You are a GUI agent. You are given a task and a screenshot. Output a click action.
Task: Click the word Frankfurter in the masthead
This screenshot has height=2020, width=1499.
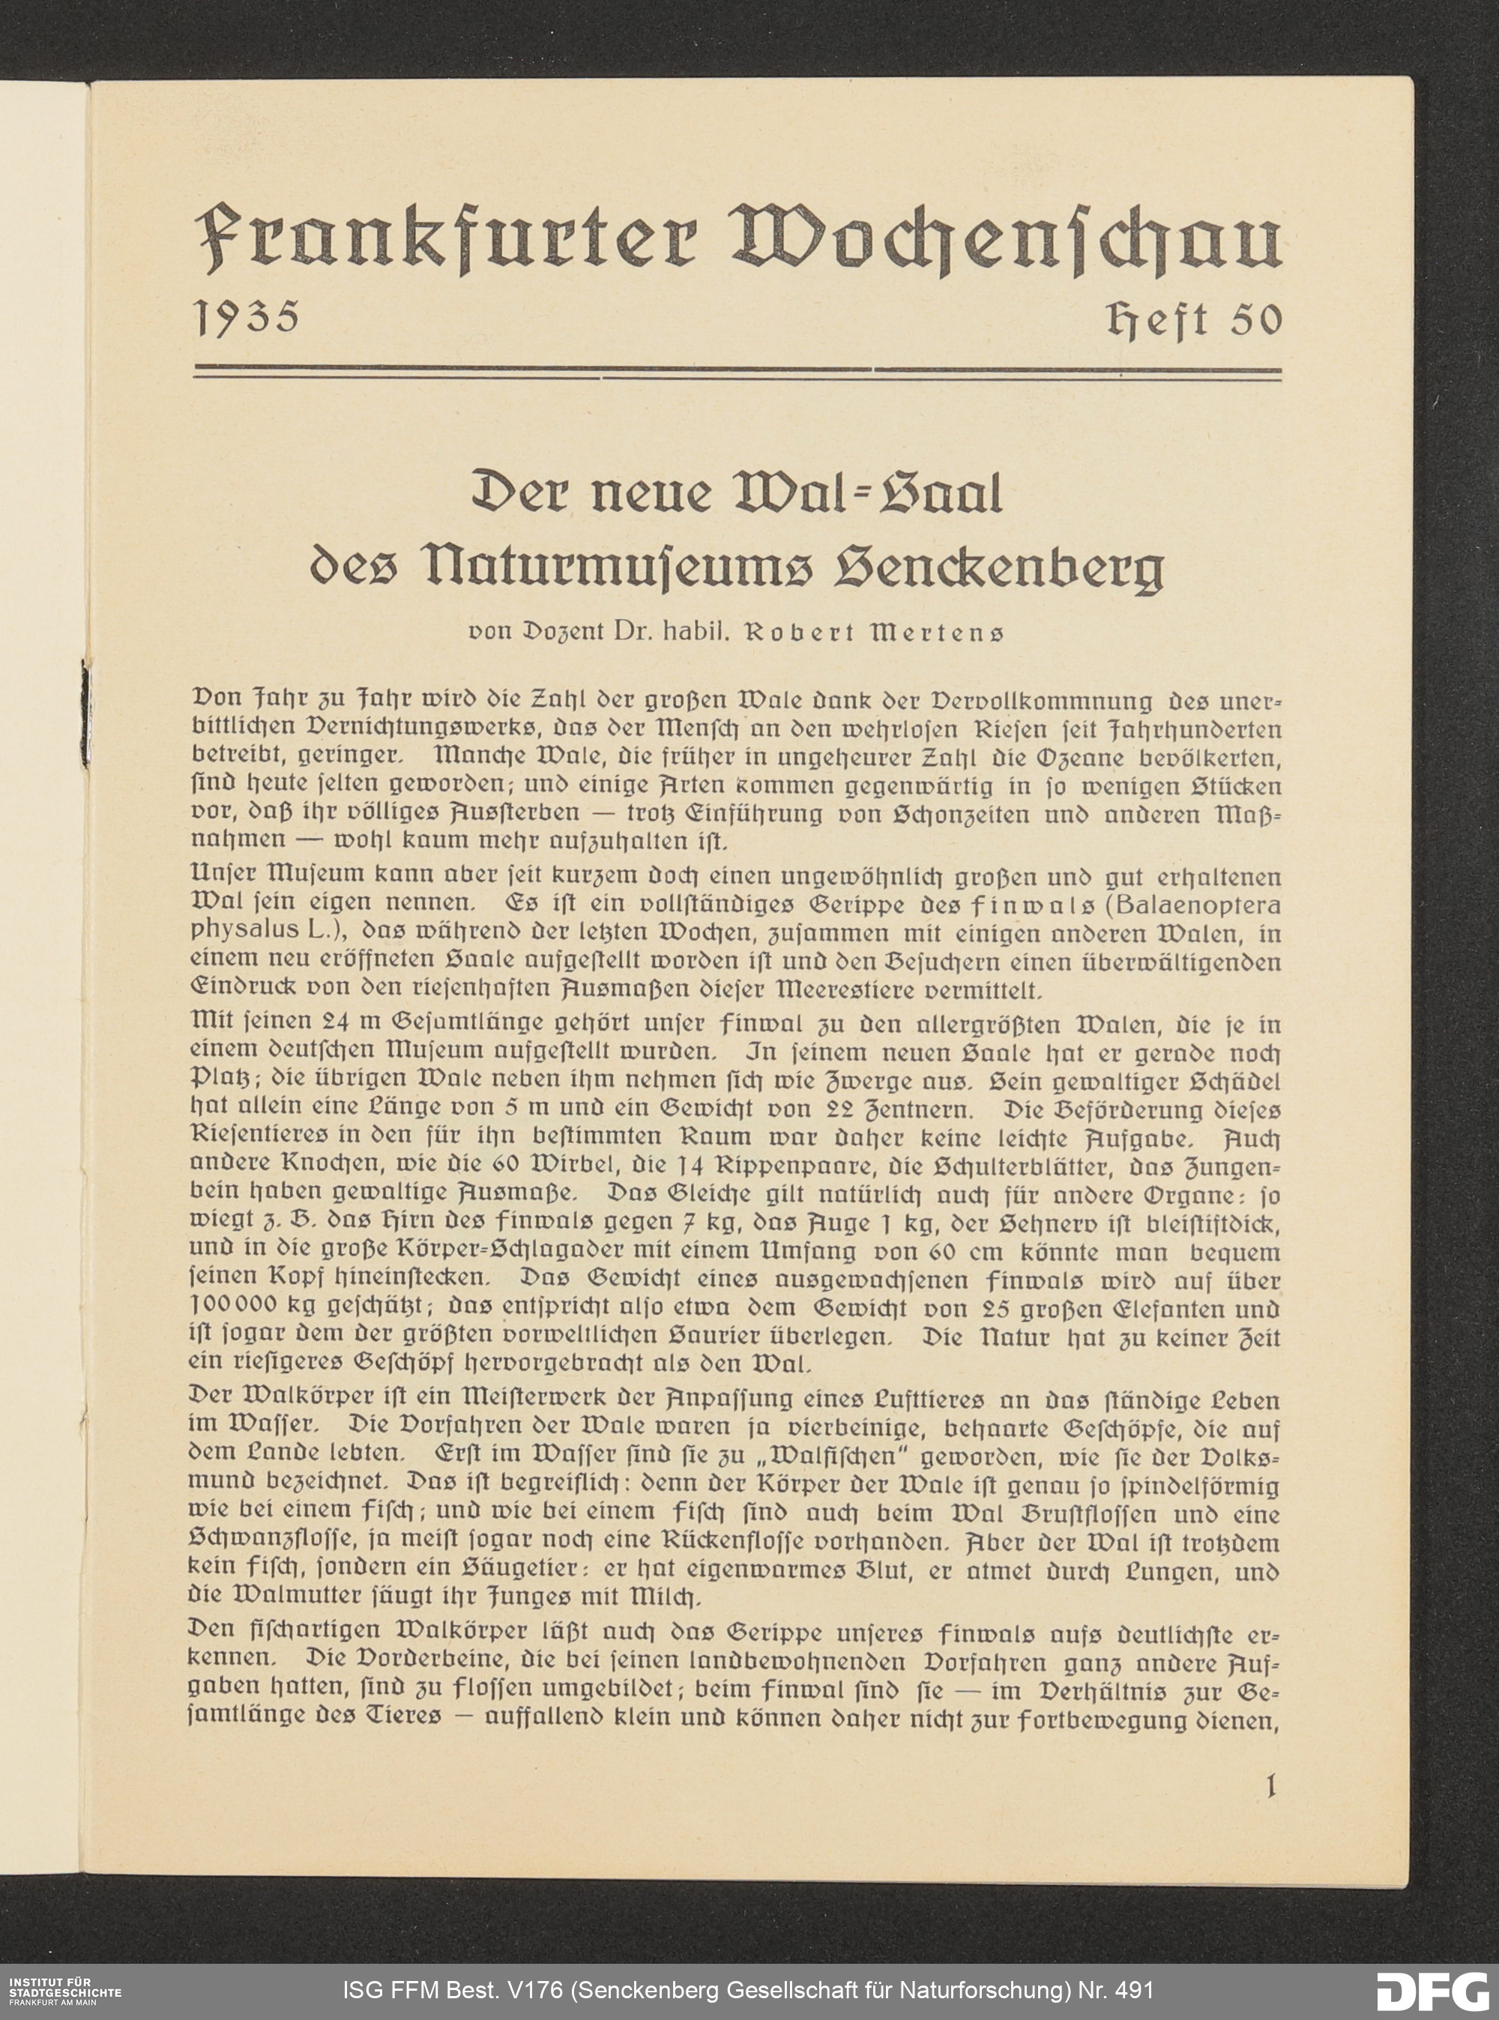pos(445,240)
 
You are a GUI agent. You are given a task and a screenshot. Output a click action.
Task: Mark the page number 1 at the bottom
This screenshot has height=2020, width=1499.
pos(1270,1787)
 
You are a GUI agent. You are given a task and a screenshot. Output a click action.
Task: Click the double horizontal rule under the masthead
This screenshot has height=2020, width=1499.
pos(737,371)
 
